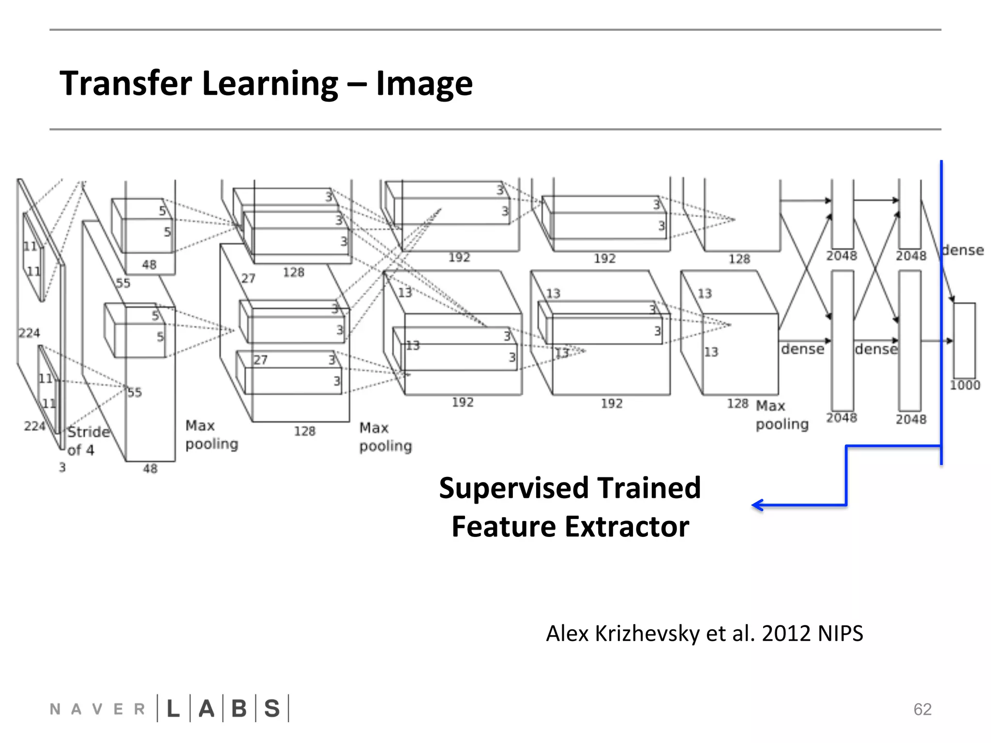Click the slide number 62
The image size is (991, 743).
click(x=922, y=709)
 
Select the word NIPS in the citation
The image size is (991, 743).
click(x=840, y=633)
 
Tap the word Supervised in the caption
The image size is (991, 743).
click(x=512, y=489)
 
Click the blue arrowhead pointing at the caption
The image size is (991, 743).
click(x=757, y=505)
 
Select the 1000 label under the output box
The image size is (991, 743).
click(x=964, y=385)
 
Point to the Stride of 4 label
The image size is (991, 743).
click(x=87, y=441)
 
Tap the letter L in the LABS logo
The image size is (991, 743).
click(x=173, y=709)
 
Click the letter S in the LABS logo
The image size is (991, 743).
click(x=272, y=709)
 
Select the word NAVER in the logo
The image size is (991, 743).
click(x=97, y=710)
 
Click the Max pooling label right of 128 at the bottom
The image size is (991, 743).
click(x=781, y=415)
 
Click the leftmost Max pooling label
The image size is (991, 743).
click(x=211, y=435)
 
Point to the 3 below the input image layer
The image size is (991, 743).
click(x=62, y=468)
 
